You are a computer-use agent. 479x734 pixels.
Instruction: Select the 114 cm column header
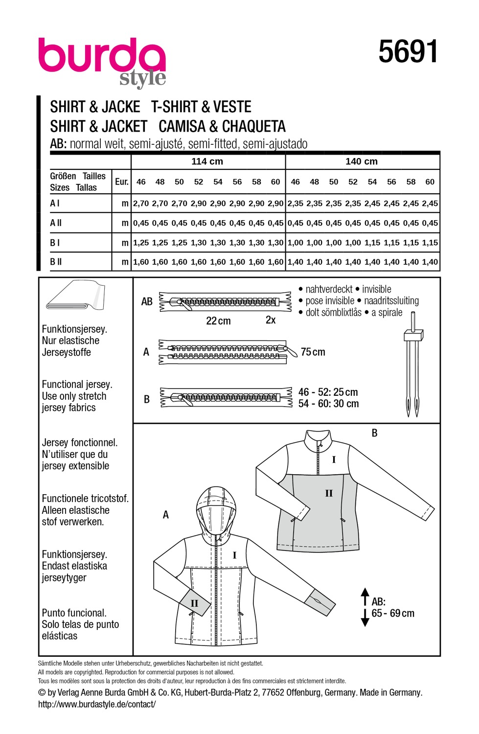click(x=207, y=161)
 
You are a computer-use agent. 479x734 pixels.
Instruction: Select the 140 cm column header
click(x=362, y=161)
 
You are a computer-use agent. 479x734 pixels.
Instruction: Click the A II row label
click(x=56, y=223)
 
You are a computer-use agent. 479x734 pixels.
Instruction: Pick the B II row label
click(x=56, y=262)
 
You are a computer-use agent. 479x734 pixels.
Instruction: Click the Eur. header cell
click(x=121, y=182)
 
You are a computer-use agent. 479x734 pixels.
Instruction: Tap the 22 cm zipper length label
click(x=218, y=321)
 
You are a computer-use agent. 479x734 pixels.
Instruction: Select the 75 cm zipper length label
click(x=313, y=352)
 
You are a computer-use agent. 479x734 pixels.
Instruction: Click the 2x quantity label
click(x=271, y=320)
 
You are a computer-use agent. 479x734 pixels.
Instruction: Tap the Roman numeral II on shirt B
click(x=329, y=493)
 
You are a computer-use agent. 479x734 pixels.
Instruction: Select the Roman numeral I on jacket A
click(x=234, y=555)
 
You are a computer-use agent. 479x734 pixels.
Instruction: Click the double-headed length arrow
click(x=365, y=607)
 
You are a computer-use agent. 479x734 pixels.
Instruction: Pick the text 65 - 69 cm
click(x=393, y=614)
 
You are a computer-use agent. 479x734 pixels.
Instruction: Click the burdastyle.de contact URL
click(x=97, y=704)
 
